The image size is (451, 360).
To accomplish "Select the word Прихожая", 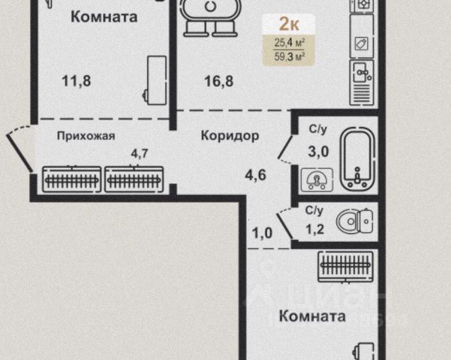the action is pos(86,136).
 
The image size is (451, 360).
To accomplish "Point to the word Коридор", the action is pos(230,136).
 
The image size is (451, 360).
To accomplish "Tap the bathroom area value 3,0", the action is pos(318,151).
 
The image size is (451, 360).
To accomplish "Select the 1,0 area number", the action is pos(262,232).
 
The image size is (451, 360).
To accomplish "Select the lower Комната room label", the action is pos(312,316).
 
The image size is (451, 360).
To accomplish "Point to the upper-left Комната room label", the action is pos(104,17).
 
